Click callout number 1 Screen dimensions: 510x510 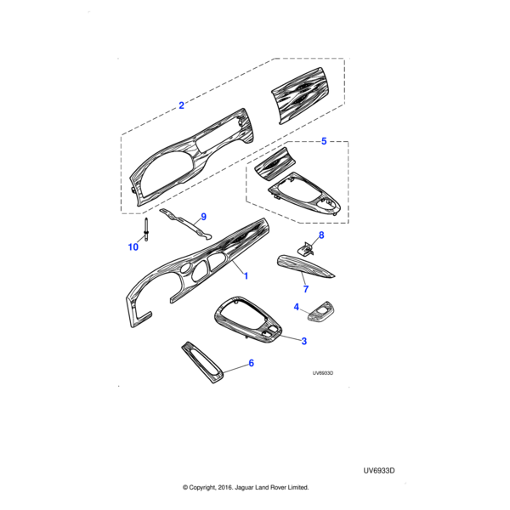(x=246, y=276)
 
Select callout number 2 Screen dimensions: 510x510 (x=181, y=106)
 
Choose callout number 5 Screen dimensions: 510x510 (x=323, y=142)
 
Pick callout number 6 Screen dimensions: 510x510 (x=251, y=364)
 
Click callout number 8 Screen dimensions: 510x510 (x=321, y=235)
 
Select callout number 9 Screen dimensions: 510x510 (x=203, y=217)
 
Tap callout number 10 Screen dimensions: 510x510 (x=133, y=247)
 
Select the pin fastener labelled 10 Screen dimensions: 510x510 (x=149, y=230)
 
